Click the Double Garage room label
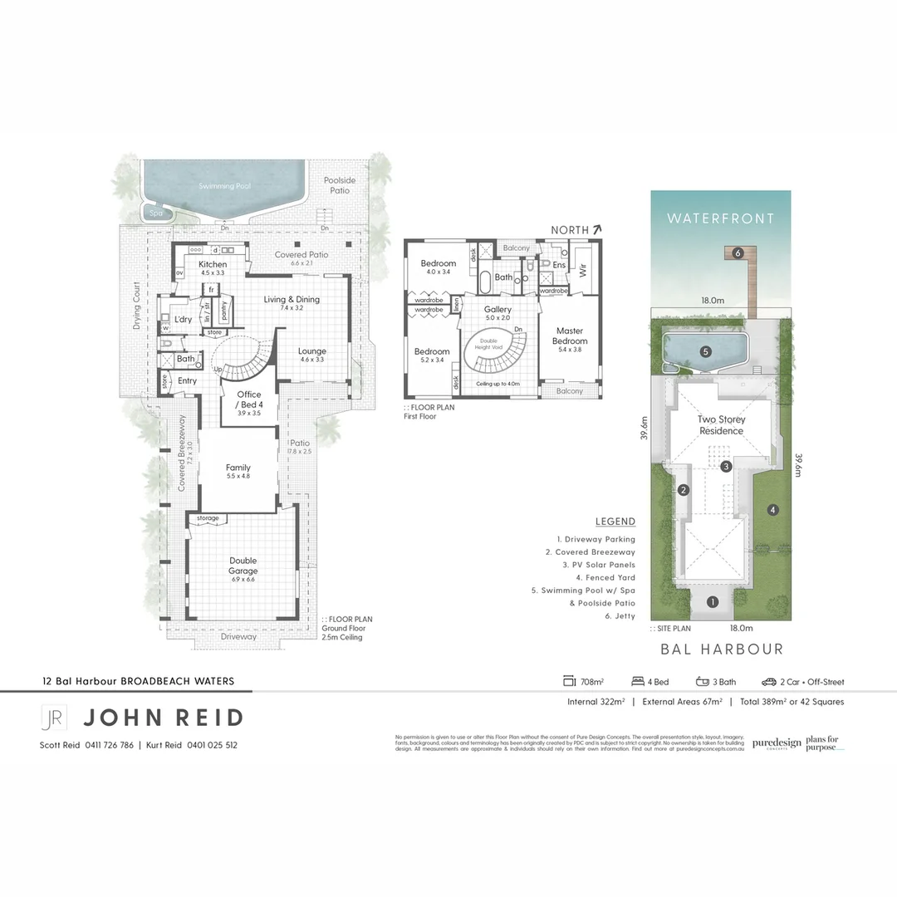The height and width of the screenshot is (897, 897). click(243, 566)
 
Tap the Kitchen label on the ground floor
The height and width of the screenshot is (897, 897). click(213, 264)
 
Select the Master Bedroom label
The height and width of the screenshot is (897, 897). click(570, 336)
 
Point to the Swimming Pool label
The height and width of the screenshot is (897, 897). click(224, 187)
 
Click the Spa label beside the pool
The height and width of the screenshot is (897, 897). click(156, 213)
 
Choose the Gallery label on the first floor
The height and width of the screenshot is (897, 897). click(498, 309)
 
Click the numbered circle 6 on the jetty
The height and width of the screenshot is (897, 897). click(737, 252)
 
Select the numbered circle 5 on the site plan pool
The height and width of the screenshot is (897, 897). click(705, 351)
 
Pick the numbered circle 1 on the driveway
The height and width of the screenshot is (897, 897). click(712, 602)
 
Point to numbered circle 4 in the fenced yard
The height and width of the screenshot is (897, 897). click(772, 510)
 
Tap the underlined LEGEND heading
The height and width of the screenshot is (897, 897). click(615, 522)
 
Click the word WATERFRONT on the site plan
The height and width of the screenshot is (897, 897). click(720, 218)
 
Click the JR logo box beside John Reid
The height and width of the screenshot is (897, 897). click(54, 717)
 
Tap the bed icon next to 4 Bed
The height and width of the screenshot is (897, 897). click(639, 682)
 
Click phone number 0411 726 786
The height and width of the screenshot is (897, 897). click(109, 745)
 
